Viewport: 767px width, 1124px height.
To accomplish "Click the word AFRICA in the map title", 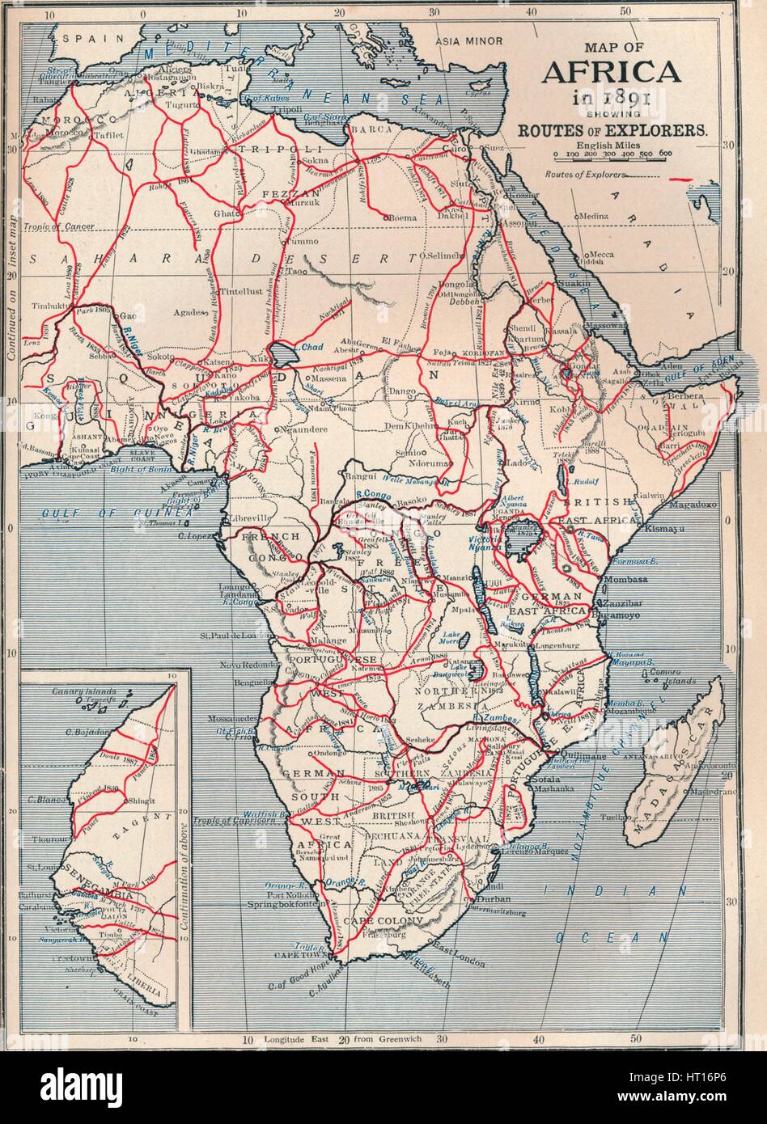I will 611,72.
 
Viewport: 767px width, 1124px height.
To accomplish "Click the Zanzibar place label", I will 621,604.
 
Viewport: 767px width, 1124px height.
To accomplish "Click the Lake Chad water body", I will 283,353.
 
